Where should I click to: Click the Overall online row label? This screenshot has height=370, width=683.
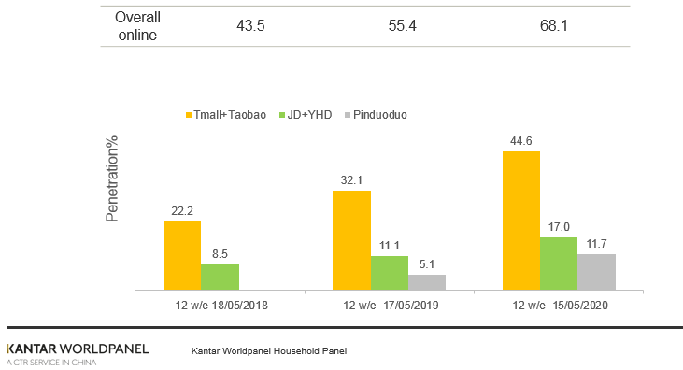pos(137,26)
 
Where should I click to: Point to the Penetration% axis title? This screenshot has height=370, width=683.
pos(112,178)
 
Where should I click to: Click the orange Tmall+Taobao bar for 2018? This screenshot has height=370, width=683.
pos(182,255)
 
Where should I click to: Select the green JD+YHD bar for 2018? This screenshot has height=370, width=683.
pos(220,277)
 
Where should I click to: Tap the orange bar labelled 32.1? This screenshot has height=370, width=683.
pos(352,240)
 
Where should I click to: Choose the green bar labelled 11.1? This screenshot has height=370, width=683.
pos(390,272)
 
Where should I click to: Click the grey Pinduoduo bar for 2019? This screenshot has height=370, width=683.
pos(427,281)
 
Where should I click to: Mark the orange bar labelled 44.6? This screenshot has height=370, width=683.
pos(521,220)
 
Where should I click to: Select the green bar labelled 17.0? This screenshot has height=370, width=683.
pos(558,263)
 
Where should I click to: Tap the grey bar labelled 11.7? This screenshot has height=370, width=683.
pos(596,271)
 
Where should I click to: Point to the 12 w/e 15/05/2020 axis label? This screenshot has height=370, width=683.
pos(558,305)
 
